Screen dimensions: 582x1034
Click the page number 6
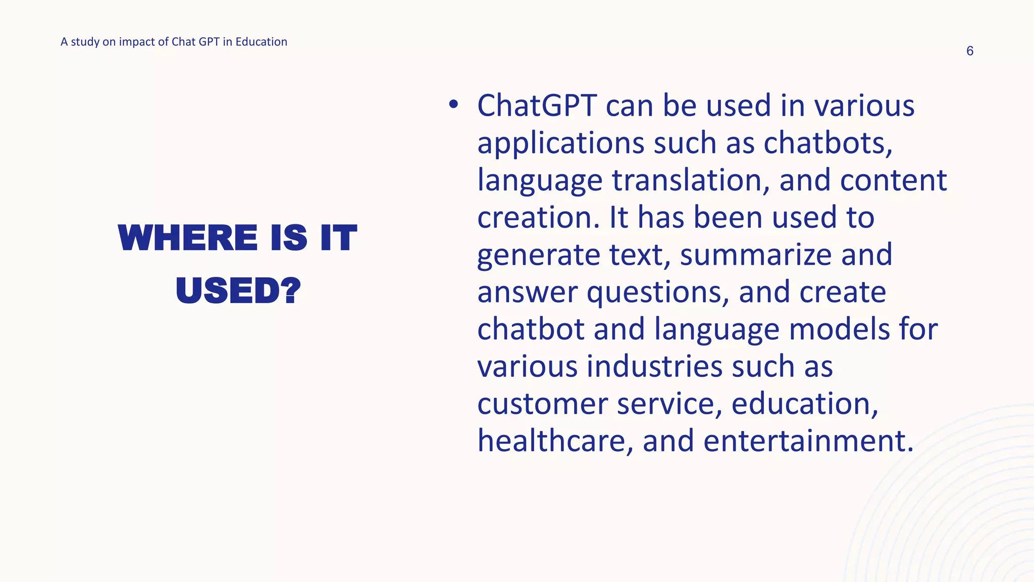(969, 51)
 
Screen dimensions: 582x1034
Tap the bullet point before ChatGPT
(453, 105)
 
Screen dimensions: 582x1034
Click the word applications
(560, 143)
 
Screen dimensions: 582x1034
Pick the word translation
(691, 180)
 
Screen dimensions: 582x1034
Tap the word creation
(538, 218)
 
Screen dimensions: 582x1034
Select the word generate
(538, 255)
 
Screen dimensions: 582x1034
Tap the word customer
(542, 404)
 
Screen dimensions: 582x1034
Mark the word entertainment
(808, 441)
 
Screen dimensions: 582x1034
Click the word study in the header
(85, 42)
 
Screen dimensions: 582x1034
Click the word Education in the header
(261, 42)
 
